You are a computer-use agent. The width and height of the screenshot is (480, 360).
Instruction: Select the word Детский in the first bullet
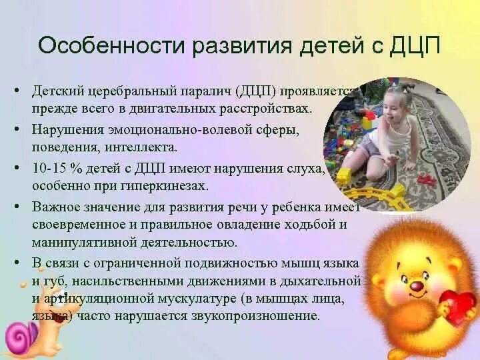[55, 91]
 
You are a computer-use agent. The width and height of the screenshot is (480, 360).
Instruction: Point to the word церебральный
[125, 91]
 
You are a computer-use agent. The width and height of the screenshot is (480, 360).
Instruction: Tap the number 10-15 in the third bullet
[48, 169]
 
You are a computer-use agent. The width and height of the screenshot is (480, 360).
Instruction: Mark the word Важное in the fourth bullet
[54, 208]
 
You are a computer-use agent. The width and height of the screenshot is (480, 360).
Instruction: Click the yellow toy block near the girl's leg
[344, 177]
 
